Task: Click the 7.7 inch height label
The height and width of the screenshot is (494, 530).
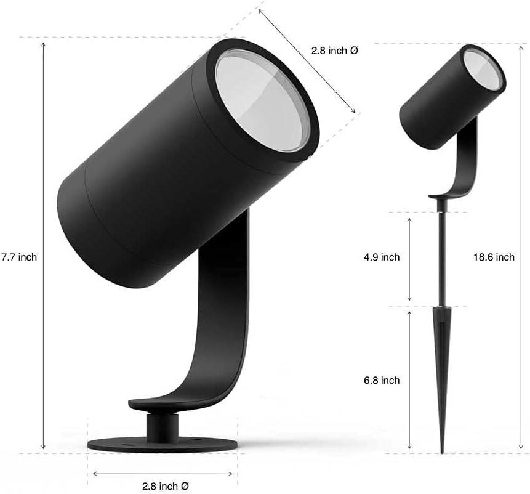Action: click(19, 257)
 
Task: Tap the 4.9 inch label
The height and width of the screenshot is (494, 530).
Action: click(382, 257)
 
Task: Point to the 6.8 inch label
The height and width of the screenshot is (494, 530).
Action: click(382, 380)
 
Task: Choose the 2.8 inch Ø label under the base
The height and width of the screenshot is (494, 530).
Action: click(163, 485)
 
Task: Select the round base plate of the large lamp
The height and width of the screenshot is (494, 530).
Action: click(163, 443)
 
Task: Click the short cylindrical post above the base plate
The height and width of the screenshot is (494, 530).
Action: click(163, 424)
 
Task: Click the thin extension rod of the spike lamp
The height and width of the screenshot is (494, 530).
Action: click(441, 259)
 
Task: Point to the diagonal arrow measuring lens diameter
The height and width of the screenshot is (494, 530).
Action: click(308, 62)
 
